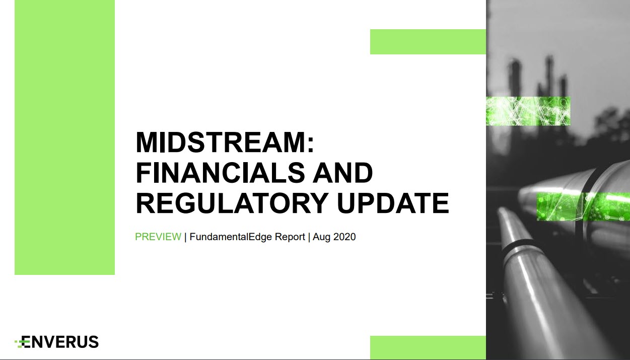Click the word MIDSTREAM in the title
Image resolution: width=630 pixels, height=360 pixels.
click(x=221, y=142)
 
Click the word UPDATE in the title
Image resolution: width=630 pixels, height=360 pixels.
click(x=393, y=203)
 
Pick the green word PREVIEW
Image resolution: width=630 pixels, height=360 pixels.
click(x=158, y=237)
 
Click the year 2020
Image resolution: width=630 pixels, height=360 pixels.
click(x=344, y=237)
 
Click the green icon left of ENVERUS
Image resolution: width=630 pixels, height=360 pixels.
click(x=20, y=342)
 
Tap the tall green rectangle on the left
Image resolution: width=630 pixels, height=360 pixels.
click(x=64, y=137)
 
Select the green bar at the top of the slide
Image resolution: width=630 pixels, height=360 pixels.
click(x=428, y=42)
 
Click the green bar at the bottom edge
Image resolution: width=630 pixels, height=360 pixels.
click(x=428, y=347)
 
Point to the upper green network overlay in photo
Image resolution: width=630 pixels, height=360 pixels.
click(x=528, y=111)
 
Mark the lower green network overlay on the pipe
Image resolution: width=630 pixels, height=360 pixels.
click(x=583, y=207)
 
